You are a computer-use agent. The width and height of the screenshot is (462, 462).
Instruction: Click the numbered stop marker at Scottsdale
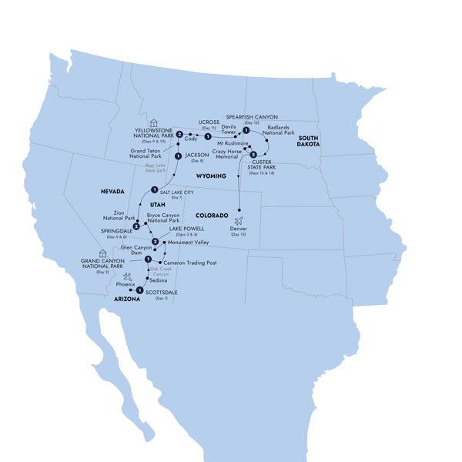click(x=139, y=291)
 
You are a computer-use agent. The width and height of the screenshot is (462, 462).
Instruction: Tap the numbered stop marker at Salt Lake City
click(x=154, y=190)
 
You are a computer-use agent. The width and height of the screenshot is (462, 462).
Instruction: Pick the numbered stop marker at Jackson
click(x=178, y=156)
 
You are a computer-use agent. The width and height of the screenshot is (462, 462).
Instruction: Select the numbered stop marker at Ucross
click(x=208, y=136)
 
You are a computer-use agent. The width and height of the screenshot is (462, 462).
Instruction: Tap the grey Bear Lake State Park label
click(x=155, y=167)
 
